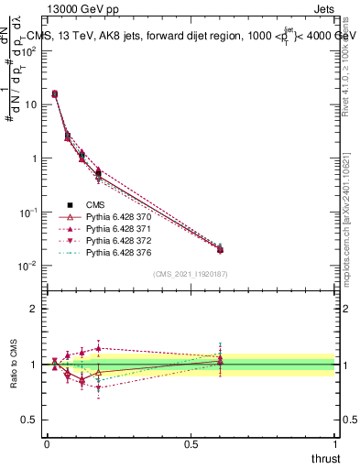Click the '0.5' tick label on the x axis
[x=191, y=444]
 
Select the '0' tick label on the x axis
[x=47, y=444]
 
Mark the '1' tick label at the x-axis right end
[x=335, y=444]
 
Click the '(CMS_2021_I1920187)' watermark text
[x=191, y=273]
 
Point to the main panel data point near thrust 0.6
[x=220, y=248]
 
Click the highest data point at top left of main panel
[x=55, y=93]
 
